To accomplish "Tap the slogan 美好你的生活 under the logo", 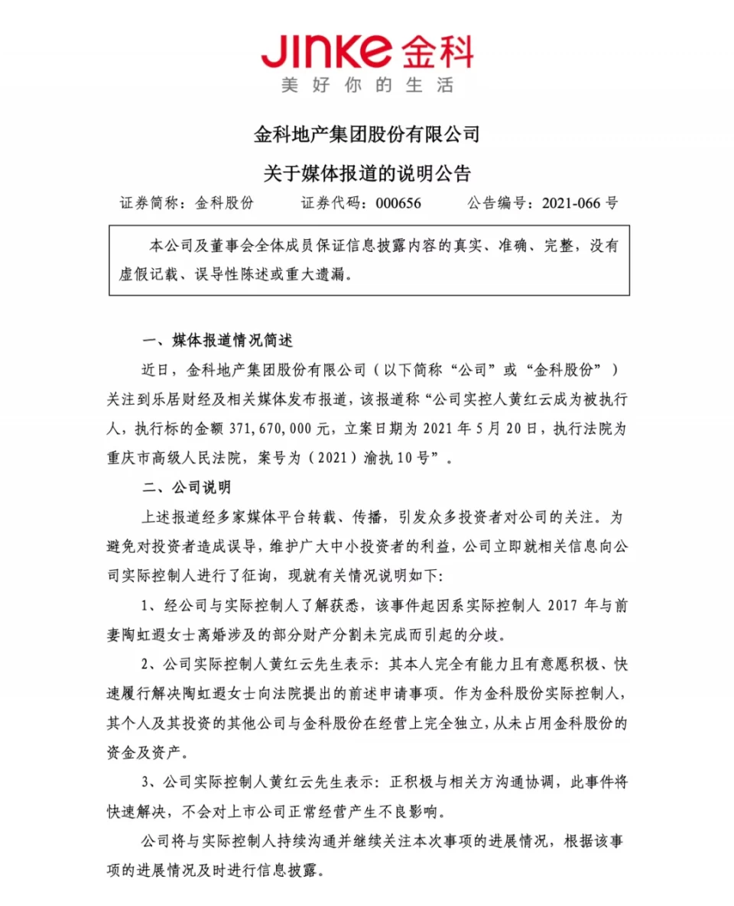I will (367, 86).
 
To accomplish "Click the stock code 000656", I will (398, 204).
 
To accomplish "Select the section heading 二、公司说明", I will (187, 487).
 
